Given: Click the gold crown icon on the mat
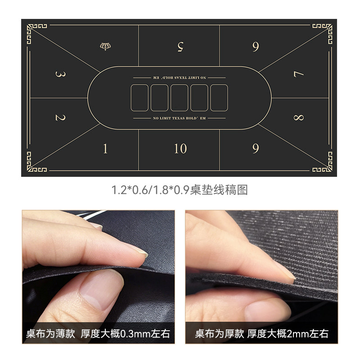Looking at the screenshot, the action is point(105,46).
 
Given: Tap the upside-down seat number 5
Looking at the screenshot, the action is point(180,47).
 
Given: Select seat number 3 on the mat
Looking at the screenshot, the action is point(61,74).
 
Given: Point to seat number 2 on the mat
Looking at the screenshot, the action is point(61,117).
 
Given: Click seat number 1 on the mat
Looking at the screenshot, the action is point(105,148).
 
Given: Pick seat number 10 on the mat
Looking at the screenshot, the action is point(180,148).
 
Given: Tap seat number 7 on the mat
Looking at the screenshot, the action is point(299,74).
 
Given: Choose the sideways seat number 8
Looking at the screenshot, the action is point(299,117).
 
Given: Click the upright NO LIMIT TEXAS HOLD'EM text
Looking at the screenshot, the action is point(179,118).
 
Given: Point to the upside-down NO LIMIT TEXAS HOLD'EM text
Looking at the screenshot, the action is point(179,77).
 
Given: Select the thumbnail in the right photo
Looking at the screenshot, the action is point(267,309).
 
